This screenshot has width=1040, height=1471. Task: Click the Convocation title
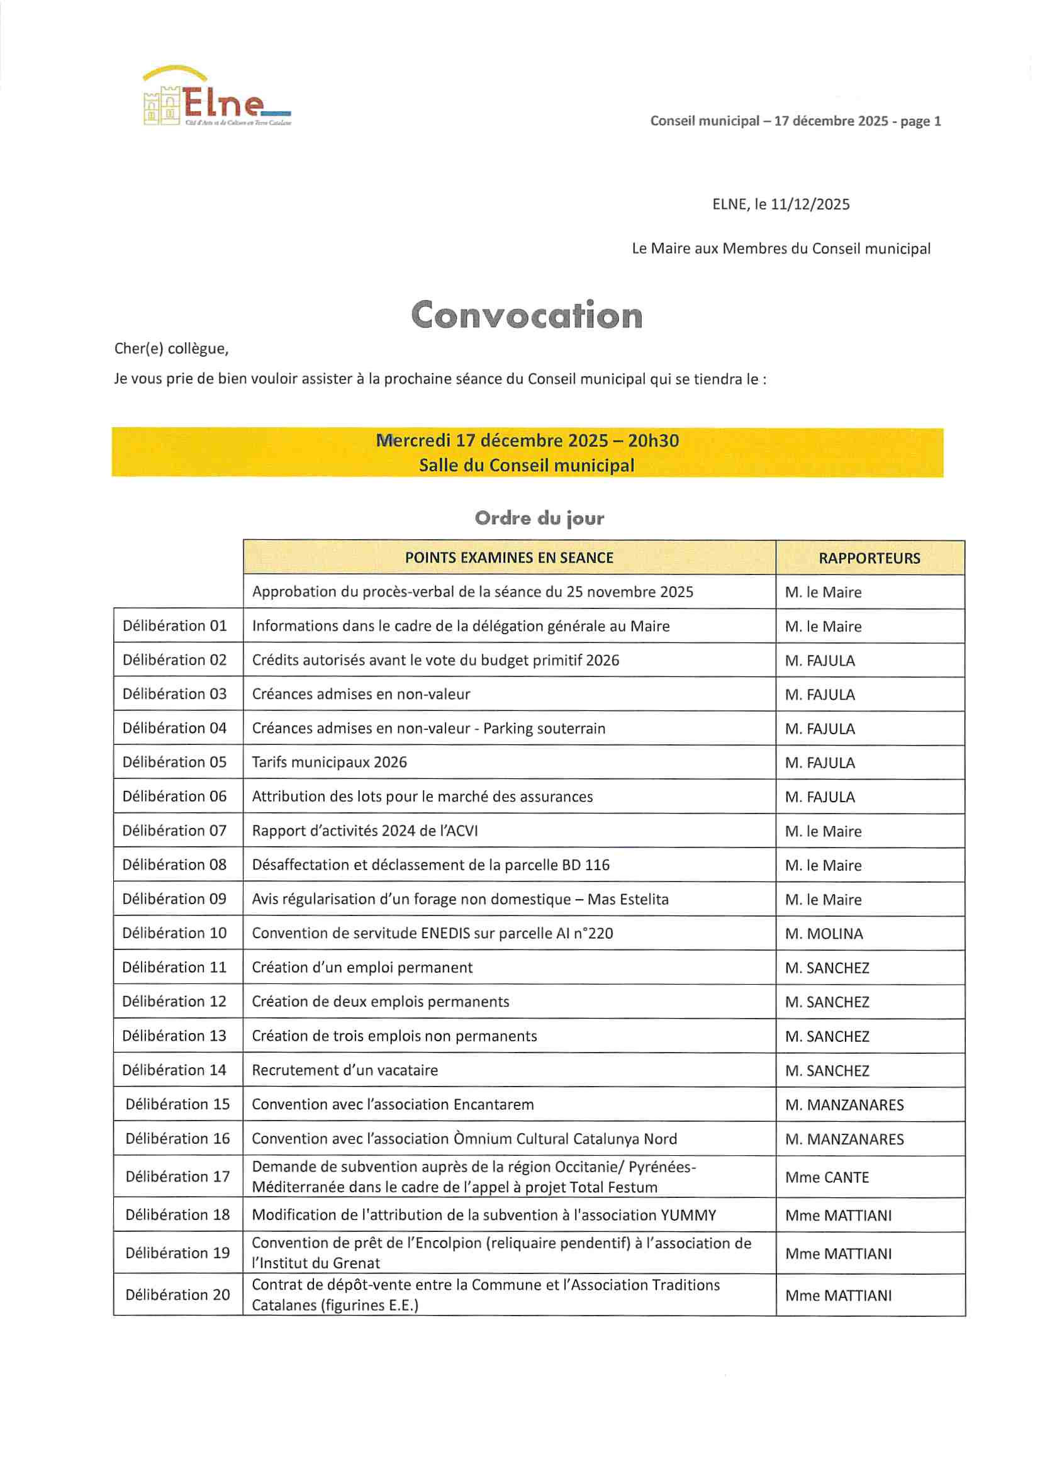tap(526, 315)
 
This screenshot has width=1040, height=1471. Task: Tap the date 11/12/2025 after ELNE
tap(810, 204)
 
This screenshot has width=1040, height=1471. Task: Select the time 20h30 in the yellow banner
tap(653, 441)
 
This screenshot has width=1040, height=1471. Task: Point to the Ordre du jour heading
tap(539, 518)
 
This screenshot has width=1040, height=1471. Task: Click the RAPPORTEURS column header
tap(869, 558)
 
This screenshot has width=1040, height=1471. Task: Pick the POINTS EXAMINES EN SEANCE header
tap(509, 558)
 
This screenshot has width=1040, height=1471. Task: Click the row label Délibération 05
tap(174, 763)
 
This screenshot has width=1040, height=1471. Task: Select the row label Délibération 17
tap(177, 1177)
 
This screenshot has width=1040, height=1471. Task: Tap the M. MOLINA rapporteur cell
tap(824, 934)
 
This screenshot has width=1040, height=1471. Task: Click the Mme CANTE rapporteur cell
tap(827, 1178)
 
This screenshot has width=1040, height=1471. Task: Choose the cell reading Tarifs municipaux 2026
tap(330, 763)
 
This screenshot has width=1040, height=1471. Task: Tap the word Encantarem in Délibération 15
tap(493, 1105)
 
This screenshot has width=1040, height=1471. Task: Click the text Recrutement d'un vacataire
tap(345, 1071)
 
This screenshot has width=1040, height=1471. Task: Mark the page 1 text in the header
tap(920, 121)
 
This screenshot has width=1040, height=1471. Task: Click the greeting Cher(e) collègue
tap(171, 349)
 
